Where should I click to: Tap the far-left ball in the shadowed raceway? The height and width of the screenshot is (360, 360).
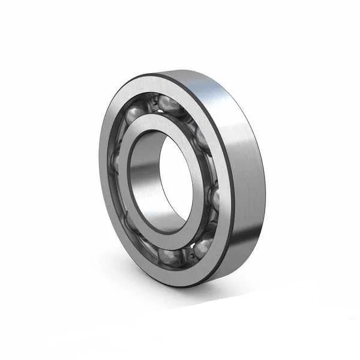pyautogui.click(x=115, y=162)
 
